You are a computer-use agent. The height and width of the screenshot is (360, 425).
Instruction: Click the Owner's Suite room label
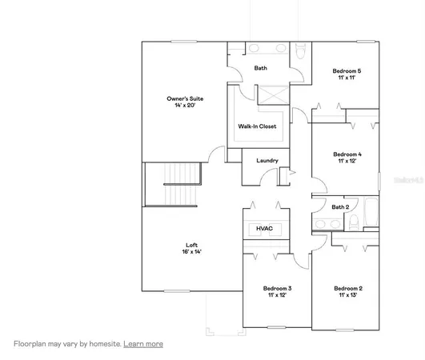pos(186,98)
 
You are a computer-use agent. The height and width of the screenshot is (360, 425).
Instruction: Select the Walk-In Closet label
pos(257,126)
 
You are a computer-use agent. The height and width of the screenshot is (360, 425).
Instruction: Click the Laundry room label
pos(267,161)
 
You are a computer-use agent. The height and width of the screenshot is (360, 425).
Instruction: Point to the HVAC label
pos(264,229)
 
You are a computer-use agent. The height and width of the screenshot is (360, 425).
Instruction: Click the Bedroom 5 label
pos(347,71)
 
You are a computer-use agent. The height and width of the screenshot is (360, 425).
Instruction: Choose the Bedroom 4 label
pos(347,154)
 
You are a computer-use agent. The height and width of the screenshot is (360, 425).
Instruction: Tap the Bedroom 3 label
pos(278,288)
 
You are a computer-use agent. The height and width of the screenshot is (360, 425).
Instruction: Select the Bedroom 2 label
pos(348,288)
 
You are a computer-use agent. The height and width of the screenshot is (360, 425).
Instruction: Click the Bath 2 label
pos(340,207)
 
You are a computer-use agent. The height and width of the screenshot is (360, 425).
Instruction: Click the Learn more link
pos(143,344)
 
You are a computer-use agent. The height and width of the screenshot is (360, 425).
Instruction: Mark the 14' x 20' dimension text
pos(186,106)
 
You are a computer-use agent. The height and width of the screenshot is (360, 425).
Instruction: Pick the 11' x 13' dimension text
pos(348,295)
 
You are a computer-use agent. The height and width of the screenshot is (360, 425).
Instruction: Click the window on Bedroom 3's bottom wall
pos(277,328)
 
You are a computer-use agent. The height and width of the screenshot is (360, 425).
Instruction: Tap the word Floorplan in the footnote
pos(30,344)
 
